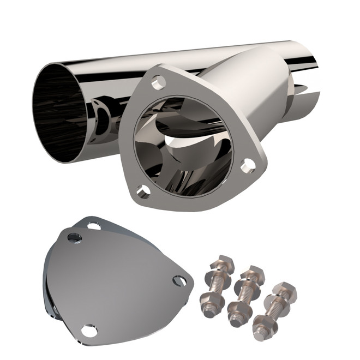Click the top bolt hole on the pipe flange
coord(159,82)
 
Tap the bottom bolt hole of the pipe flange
coord(143,191)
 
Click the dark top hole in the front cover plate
coord(75,237)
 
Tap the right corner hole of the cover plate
coord(178,281)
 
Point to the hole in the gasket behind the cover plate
coord(93,225)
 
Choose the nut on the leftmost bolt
coord(209,298)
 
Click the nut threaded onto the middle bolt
coord(240,311)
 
